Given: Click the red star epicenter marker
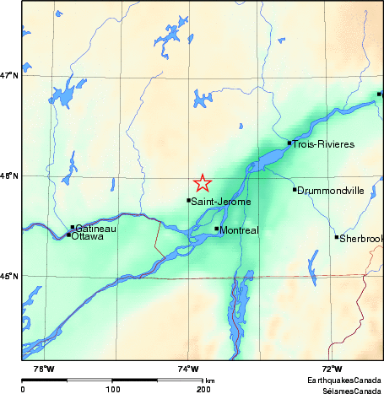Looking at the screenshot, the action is click(203, 182).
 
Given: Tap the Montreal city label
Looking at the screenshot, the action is click(238, 229).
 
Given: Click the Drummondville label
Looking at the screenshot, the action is click(331, 191).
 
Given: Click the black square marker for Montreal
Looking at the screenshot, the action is click(217, 229).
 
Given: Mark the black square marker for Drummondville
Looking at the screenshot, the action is click(295, 189).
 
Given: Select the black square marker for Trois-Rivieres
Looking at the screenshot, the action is click(289, 143).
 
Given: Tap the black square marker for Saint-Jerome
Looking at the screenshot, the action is click(188, 200).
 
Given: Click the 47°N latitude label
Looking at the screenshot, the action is click(9, 76).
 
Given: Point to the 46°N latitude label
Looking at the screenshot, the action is click(9, 176).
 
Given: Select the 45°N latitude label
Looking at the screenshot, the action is click(9, 276).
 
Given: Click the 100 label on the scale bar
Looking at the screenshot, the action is click(112, 389).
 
